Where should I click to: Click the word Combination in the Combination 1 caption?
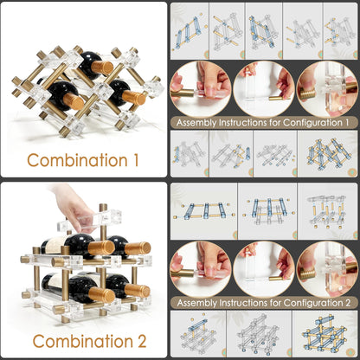click(77, 160)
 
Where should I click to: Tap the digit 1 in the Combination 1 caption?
click(136, 160)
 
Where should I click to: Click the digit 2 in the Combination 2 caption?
click(141, 341)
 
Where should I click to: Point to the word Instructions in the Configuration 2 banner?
click(245, 303)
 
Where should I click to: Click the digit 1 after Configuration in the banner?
click(346, 122)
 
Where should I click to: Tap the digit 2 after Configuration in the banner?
click(347, 303)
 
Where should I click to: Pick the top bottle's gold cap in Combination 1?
click(102, 67)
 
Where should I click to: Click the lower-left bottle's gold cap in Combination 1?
click(74, 101)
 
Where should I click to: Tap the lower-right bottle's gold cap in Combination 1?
click(134, 98)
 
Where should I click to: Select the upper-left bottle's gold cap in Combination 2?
click(101, 248)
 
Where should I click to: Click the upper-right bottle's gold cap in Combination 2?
click(138, 248)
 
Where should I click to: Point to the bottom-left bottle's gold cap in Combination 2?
click(101, 295)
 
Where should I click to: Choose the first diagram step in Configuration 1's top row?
click(190, 31)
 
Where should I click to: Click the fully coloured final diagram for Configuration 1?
click(328, 154)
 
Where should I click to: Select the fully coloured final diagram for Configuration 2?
click(325, 334)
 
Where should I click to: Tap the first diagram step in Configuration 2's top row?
click(203, 211)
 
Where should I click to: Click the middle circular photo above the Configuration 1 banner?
click(264, 89)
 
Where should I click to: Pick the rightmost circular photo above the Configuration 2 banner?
click(327, 269)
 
